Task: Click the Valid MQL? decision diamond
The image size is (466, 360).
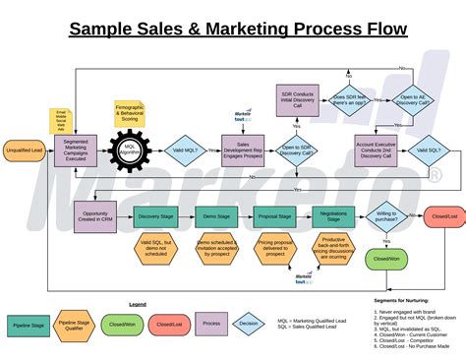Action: [185, 150]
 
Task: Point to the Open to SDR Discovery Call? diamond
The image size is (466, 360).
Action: [295, 150]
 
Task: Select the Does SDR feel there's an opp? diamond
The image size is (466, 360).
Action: [350, 99]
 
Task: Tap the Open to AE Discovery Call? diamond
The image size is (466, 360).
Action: [413, 99]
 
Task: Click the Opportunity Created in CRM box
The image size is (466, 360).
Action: [97, 215]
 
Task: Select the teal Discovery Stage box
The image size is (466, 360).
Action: [156, 215]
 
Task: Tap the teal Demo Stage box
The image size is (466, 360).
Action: [217, 215]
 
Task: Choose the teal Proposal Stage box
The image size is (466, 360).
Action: [274, 215]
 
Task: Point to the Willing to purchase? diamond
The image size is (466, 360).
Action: [385, 215]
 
